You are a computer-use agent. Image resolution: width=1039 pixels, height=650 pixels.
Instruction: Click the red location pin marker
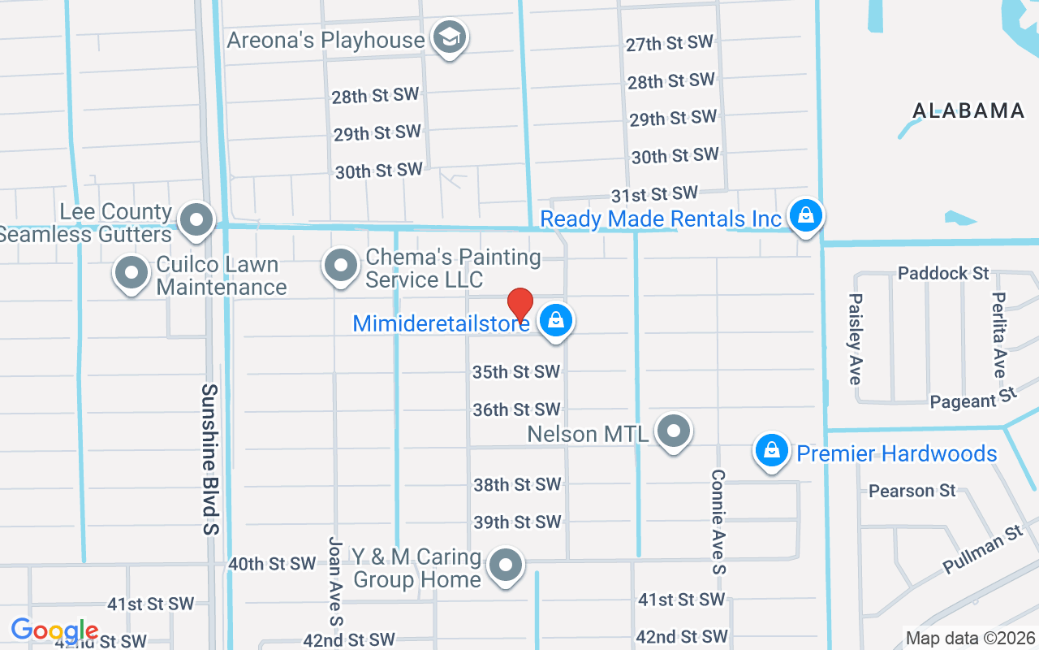519,305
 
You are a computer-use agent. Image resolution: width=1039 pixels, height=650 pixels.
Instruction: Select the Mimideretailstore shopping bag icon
555,320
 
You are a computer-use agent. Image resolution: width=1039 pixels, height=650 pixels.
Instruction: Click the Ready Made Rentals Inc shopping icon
805,216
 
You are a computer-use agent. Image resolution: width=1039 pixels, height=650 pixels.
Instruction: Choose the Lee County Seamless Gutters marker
196,220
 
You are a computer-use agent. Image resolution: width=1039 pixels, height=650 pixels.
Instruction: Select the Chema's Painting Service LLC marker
341,266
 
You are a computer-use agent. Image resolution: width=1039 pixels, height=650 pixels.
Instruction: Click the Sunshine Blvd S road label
210,459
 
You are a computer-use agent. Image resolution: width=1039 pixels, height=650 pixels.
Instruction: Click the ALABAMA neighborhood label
968,111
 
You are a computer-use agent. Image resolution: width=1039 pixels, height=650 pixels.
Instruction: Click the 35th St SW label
516,372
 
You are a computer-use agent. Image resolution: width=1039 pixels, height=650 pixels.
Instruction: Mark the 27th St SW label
669,44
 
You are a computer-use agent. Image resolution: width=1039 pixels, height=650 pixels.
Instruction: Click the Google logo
54,630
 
